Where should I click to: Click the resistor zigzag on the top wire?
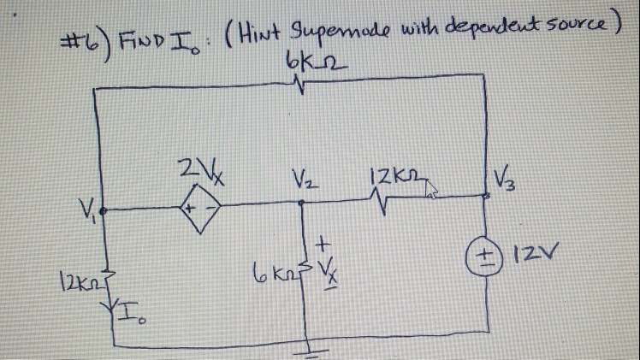(x=296, y=85)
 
